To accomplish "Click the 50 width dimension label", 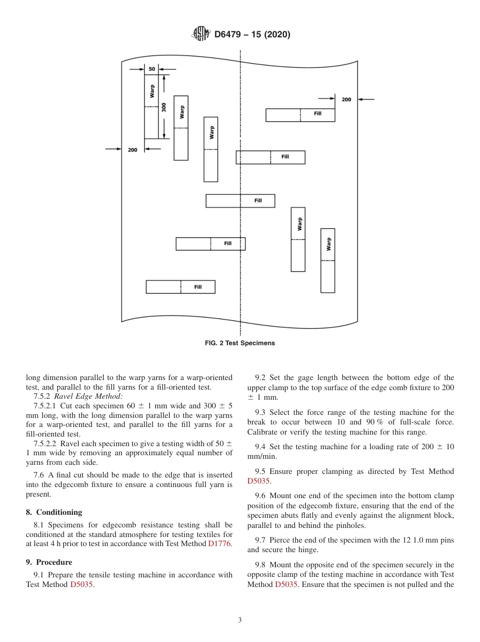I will (152, 69).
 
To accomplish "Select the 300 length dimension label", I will (164, 108).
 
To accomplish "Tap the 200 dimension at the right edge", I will (346, 99).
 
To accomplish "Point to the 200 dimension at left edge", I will (132, 150).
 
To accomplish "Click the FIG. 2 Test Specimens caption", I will (239, 343).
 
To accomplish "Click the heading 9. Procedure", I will (49, 562).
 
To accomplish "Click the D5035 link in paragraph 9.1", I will (81, 584).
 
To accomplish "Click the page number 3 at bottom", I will (240, 620).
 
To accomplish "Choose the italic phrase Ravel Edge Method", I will (88, 397).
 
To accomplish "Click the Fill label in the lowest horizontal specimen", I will (198, 287).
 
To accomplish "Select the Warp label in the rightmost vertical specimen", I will (329, 244).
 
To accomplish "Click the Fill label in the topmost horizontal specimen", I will (317, 114).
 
